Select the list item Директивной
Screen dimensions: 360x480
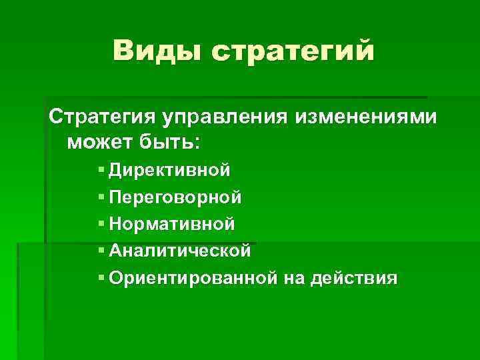point(170,170)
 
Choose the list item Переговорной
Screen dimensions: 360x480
point(175,197)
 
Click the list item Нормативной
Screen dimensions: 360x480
point(172,223)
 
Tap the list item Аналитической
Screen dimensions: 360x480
point(179,251)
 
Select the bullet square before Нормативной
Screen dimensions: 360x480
point(101,224)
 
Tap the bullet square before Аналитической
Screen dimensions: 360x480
point(101,251)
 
